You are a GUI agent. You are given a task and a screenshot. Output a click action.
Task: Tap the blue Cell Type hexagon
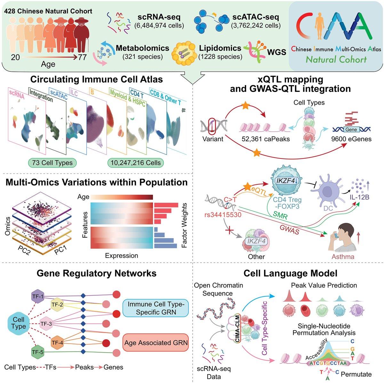(x=19, y=322)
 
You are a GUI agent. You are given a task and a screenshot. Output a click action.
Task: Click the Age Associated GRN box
(x=156, y=343)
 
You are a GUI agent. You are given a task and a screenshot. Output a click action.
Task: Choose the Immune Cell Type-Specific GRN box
(x=156, y=307)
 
